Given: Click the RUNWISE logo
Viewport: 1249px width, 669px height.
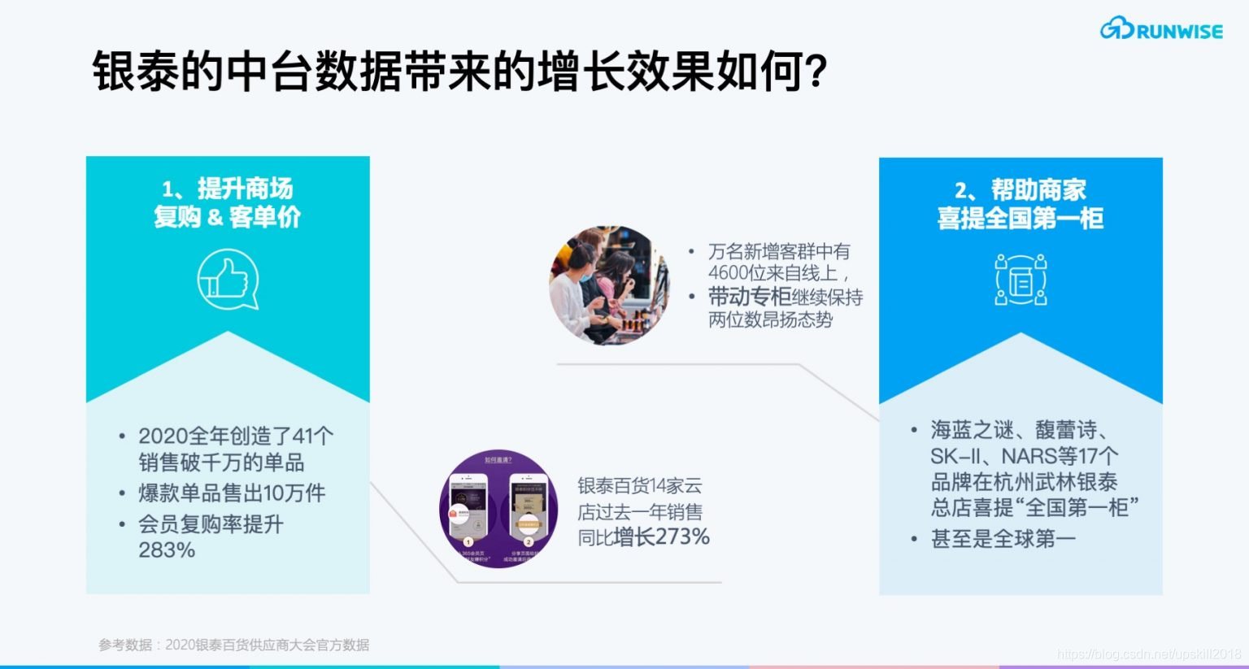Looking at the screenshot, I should [1161, 30].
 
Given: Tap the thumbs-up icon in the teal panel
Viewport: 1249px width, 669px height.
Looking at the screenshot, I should [228, 280].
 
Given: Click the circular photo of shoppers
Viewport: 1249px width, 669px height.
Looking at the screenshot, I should [609, 285].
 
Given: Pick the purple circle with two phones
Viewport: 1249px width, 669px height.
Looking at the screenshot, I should [498, 509].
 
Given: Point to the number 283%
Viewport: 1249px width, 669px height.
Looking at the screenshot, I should [167, 550].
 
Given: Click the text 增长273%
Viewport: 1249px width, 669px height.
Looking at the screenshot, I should [661, 537].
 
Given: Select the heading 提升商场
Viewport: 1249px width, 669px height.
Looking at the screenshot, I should [245, 189].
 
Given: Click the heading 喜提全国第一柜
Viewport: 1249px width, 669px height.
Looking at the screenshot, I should [1021, 218].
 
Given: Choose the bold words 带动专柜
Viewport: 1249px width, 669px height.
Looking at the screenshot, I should [749, 297].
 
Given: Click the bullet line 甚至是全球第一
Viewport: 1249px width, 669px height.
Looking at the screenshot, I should [1003, 539].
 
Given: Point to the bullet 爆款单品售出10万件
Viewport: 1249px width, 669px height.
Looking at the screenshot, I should [232, 493].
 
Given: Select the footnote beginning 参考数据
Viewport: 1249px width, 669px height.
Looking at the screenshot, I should [234, 645].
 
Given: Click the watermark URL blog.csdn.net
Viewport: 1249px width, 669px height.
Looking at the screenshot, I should [1149, 654].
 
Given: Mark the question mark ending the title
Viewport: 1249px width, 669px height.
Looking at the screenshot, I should [816, 72].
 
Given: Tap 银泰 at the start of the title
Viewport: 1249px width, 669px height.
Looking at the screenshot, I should [135, 72].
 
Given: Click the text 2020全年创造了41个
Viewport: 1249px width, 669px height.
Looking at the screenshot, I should [236, 437].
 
